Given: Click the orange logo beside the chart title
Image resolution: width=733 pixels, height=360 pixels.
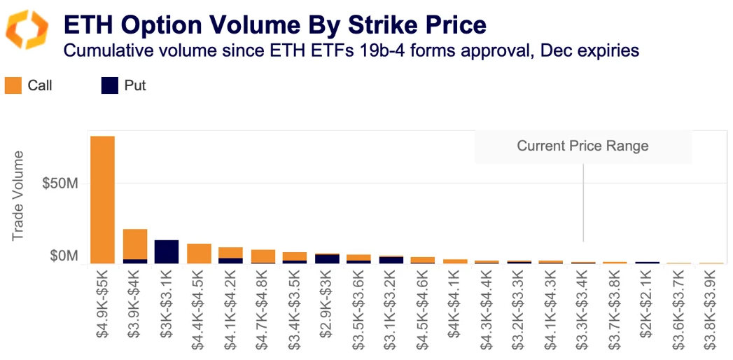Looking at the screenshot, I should click(27, 30).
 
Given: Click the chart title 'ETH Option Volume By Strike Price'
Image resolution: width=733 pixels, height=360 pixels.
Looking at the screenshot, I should click(274, 25).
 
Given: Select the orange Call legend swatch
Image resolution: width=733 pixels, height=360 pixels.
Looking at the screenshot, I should click(13, 86).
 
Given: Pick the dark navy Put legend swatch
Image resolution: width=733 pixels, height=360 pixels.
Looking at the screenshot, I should click(110, 86).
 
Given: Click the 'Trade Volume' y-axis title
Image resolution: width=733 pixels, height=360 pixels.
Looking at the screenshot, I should click(18, 195).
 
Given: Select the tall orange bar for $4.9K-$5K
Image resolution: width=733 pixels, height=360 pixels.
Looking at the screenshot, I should click(103, 200).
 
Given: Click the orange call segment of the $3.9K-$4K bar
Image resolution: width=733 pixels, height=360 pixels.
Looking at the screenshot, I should click(134, 244).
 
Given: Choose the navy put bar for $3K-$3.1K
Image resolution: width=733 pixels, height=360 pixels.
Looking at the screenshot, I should click(167, 251).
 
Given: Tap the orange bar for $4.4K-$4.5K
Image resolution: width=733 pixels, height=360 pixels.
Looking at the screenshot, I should click(199, 254).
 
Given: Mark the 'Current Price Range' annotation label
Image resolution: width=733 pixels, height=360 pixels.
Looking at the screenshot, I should click(582, 146).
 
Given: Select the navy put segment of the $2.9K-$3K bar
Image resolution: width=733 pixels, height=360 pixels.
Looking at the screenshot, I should click(327, 258).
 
